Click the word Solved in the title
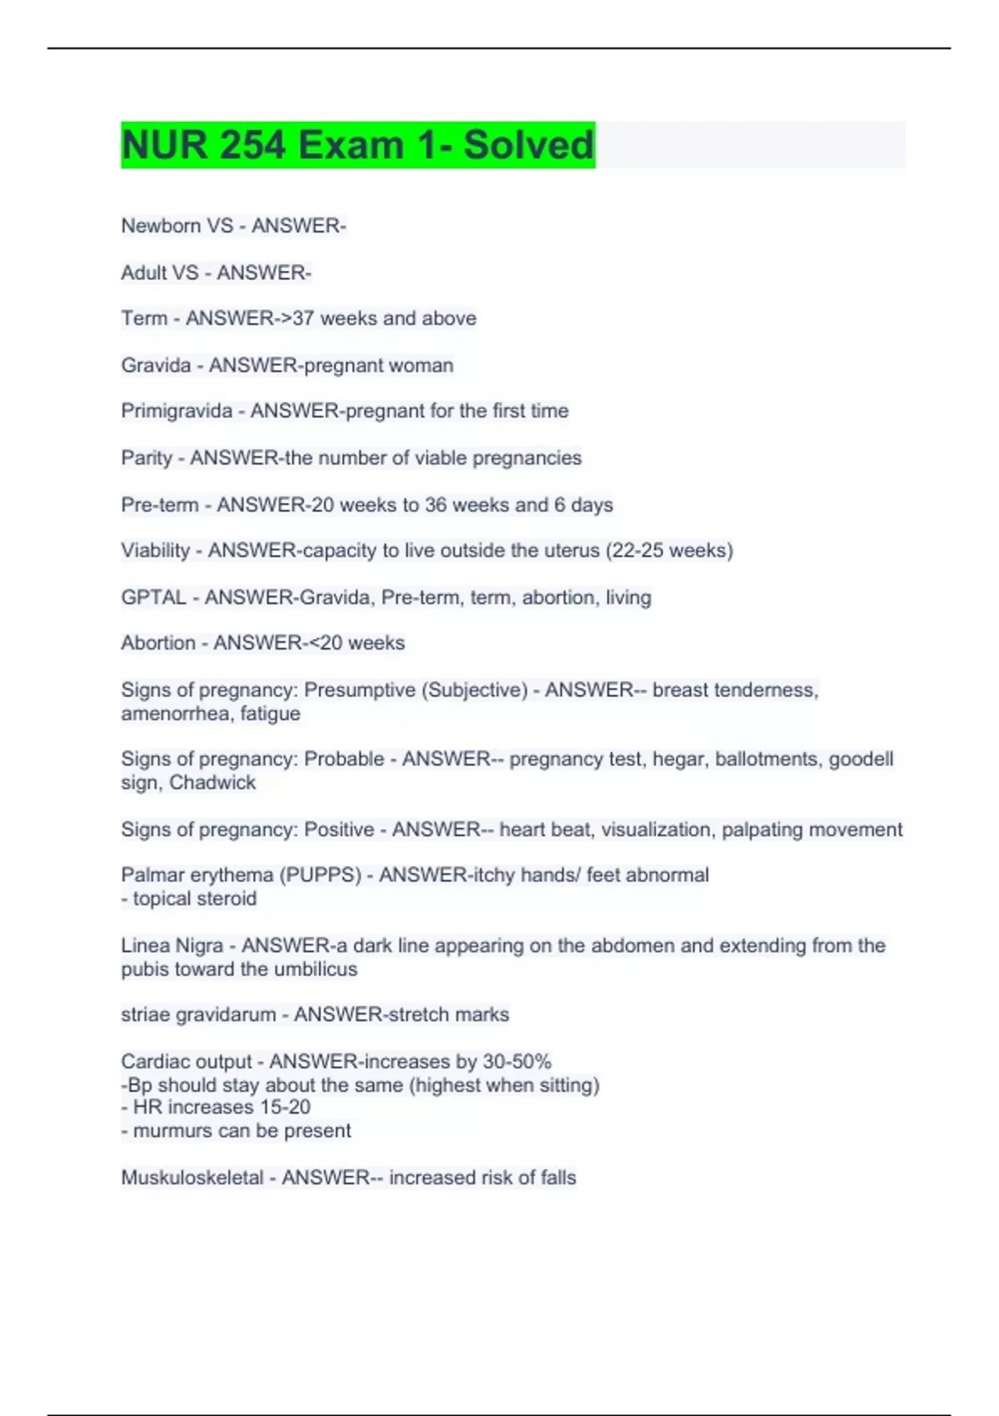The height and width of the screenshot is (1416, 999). click(529, 145)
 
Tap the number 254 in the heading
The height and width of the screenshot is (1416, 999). click(253, 145)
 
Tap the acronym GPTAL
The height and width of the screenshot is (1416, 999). click(154, 597)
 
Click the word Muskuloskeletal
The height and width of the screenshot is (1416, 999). click(192, 1178)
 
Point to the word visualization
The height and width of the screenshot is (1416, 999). click(656, 830)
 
